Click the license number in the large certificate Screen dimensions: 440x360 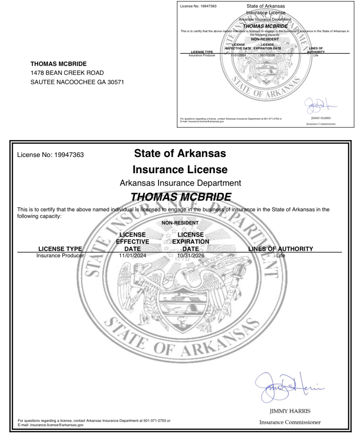(x=69, y=155)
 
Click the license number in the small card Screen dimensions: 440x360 (x=208, y=6)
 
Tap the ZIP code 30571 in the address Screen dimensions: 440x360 (x=115, y=82)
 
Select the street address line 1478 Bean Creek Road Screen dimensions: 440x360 (x=67, y=73)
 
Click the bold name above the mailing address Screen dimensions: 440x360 (x=59, y=64)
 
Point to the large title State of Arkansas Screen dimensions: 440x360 (x=180, y=153)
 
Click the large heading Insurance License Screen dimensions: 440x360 (x=180, y=170)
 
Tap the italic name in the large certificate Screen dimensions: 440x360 (x=181, y=197)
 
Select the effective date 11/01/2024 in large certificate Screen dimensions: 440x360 (x=132, y=256)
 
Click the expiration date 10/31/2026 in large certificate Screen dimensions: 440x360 (x=191, y=256)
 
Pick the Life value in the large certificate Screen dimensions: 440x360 (x=281, y=256)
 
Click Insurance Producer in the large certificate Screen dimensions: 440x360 (x=60, y=256)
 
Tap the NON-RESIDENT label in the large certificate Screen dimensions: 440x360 (x=180, y=223)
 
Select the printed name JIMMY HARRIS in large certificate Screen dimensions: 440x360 (x=290, y=411)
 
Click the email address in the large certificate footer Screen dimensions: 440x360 (x=57, y=425)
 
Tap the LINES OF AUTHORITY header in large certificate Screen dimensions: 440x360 (x=281, y=249)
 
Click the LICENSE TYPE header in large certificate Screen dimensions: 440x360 (x=60, y=249)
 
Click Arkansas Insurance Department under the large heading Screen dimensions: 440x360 (x=180, y=183)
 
